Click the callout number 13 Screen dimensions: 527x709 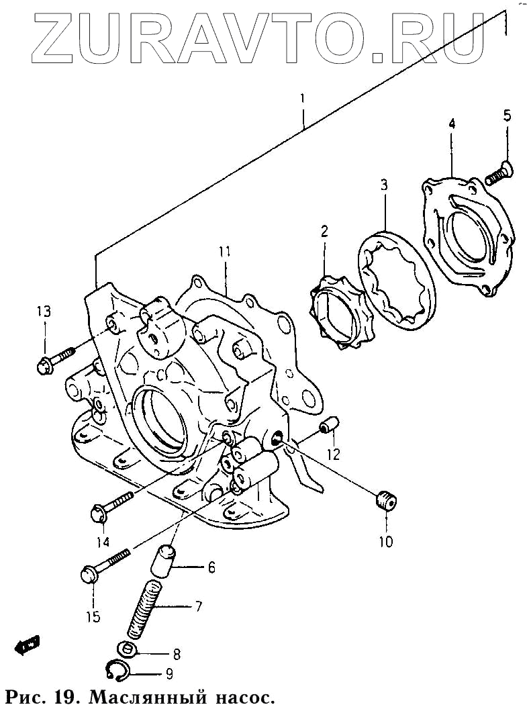(44, 312)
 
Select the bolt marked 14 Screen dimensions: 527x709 (112, 506)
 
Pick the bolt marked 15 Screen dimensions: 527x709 (105, 565)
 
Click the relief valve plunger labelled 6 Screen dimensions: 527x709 (164, 561)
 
